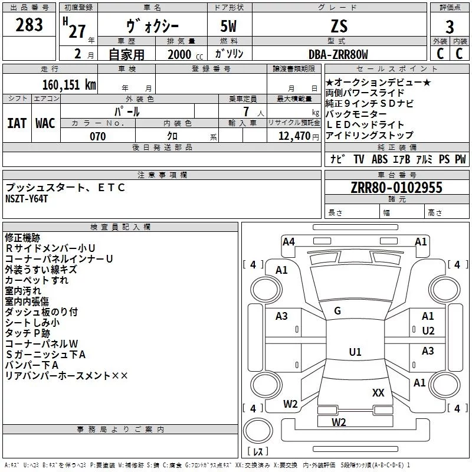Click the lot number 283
[x=29, y=25]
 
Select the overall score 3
[x=450, y=27]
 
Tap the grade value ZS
[x=339, y=26]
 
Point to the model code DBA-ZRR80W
[x=338, y=54]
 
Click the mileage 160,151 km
[x=69, y=84]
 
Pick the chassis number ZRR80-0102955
[x=396, y=187]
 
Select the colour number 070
[x=98, y=136]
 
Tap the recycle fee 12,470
[x=294, y=136]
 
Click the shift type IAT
[x=17, y=123]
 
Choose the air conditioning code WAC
[x=45, y=123]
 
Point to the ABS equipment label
[x=379, y=159]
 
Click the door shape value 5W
[x=228, y=26]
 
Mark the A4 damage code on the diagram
[x=289, y=242]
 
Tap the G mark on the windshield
[x=337, y=310]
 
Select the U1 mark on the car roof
[x=355, y=352]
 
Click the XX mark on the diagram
[x=378, y=392]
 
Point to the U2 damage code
[x=428, y=331]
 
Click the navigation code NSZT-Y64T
[x=27, y=199]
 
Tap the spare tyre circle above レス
[x=258, y=431]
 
